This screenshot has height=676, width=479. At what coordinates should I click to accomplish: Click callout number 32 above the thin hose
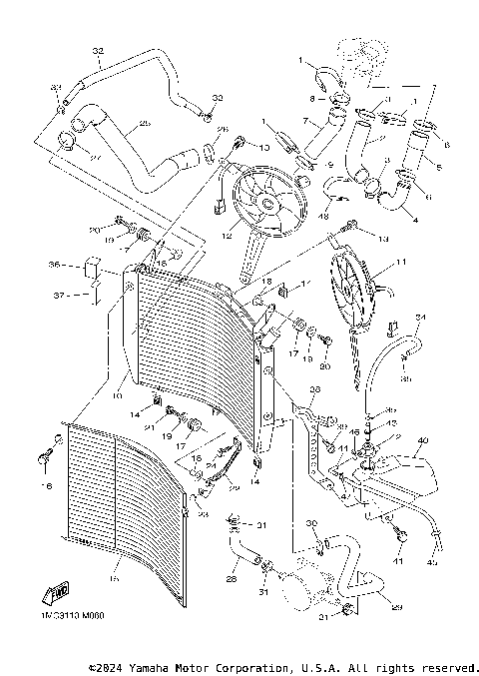[x=98, y=51]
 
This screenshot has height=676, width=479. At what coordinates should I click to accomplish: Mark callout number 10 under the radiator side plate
[x=120, y=380]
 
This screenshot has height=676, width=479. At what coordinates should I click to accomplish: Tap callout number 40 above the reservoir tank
[x=422, y=440]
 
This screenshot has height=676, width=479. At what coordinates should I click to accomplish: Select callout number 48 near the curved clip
[x=322, y=215]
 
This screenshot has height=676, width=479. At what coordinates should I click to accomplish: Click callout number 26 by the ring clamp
[x=222, y=130]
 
